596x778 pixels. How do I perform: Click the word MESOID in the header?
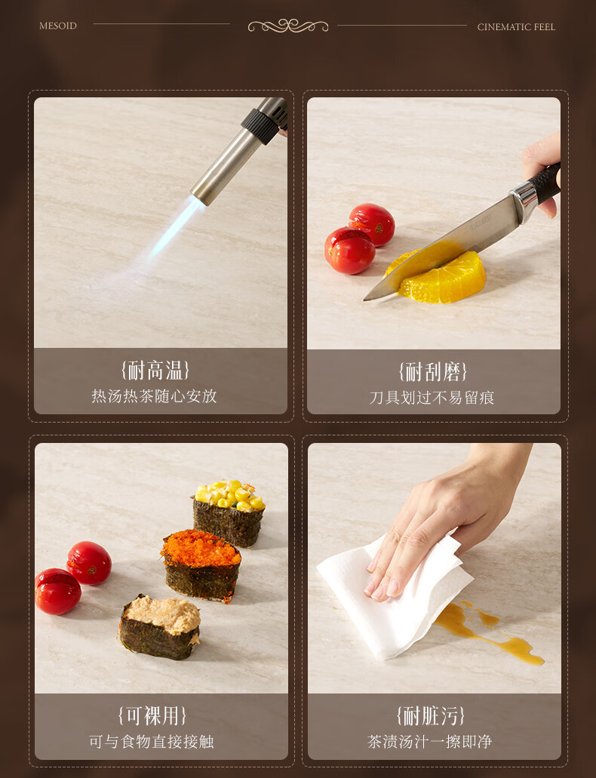pos(58,26)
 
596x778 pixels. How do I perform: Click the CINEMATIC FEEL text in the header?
pos(516,27)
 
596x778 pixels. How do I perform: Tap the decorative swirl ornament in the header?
pos(288,26)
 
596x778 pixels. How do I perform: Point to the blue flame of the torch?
pos(177,227)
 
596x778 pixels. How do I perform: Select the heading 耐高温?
pos(155,371)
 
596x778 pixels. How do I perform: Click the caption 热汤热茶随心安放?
pos(155,396)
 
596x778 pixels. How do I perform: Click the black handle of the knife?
pos(545,183)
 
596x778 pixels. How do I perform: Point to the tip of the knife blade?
pos(364,299)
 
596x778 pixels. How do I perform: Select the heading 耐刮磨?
pos(432,371)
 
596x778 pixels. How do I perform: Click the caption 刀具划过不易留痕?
pos(432,398)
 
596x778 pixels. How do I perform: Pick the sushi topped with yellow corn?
pos(229,513)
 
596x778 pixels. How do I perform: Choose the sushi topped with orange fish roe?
pos(201,564)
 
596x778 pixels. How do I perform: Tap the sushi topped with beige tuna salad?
pos(160,628)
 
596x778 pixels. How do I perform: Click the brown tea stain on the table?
pos(487,631)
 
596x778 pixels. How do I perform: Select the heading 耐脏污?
pos(430,716)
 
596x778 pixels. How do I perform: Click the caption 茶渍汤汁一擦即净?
pos(430,742)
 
